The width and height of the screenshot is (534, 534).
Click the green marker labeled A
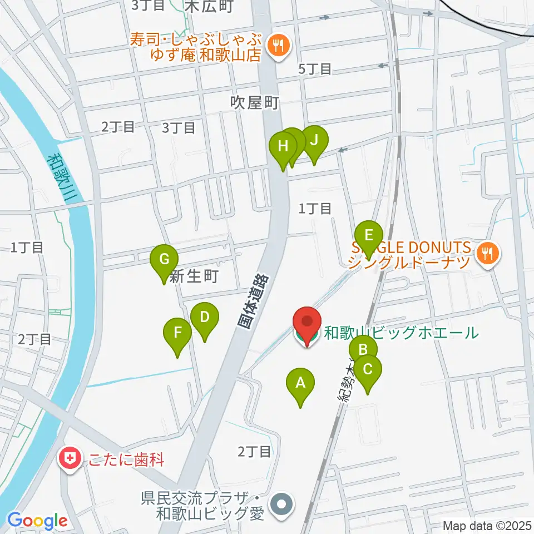[300, 383]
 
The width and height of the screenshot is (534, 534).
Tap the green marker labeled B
[363, 350]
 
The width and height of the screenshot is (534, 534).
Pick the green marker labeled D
[204, 318]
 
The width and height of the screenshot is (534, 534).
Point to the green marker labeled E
[368, 234]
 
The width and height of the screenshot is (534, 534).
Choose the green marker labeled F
[177, 333]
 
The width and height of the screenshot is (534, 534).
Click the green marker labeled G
[164, 259]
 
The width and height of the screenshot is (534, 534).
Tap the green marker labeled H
[283, 147]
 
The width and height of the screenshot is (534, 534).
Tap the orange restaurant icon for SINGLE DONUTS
[488, 254]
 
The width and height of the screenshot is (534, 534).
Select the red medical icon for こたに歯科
[70, 460]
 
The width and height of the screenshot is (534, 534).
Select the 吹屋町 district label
[254, 103]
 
